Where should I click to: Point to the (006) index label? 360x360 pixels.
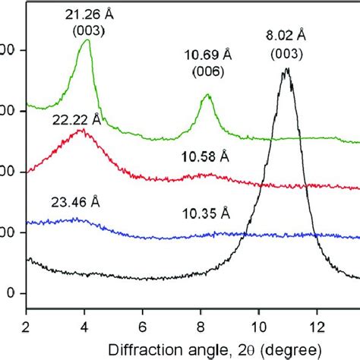207,73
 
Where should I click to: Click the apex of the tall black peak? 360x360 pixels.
286,69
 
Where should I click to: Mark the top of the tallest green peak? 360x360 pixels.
87,40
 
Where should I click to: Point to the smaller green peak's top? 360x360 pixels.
207,96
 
